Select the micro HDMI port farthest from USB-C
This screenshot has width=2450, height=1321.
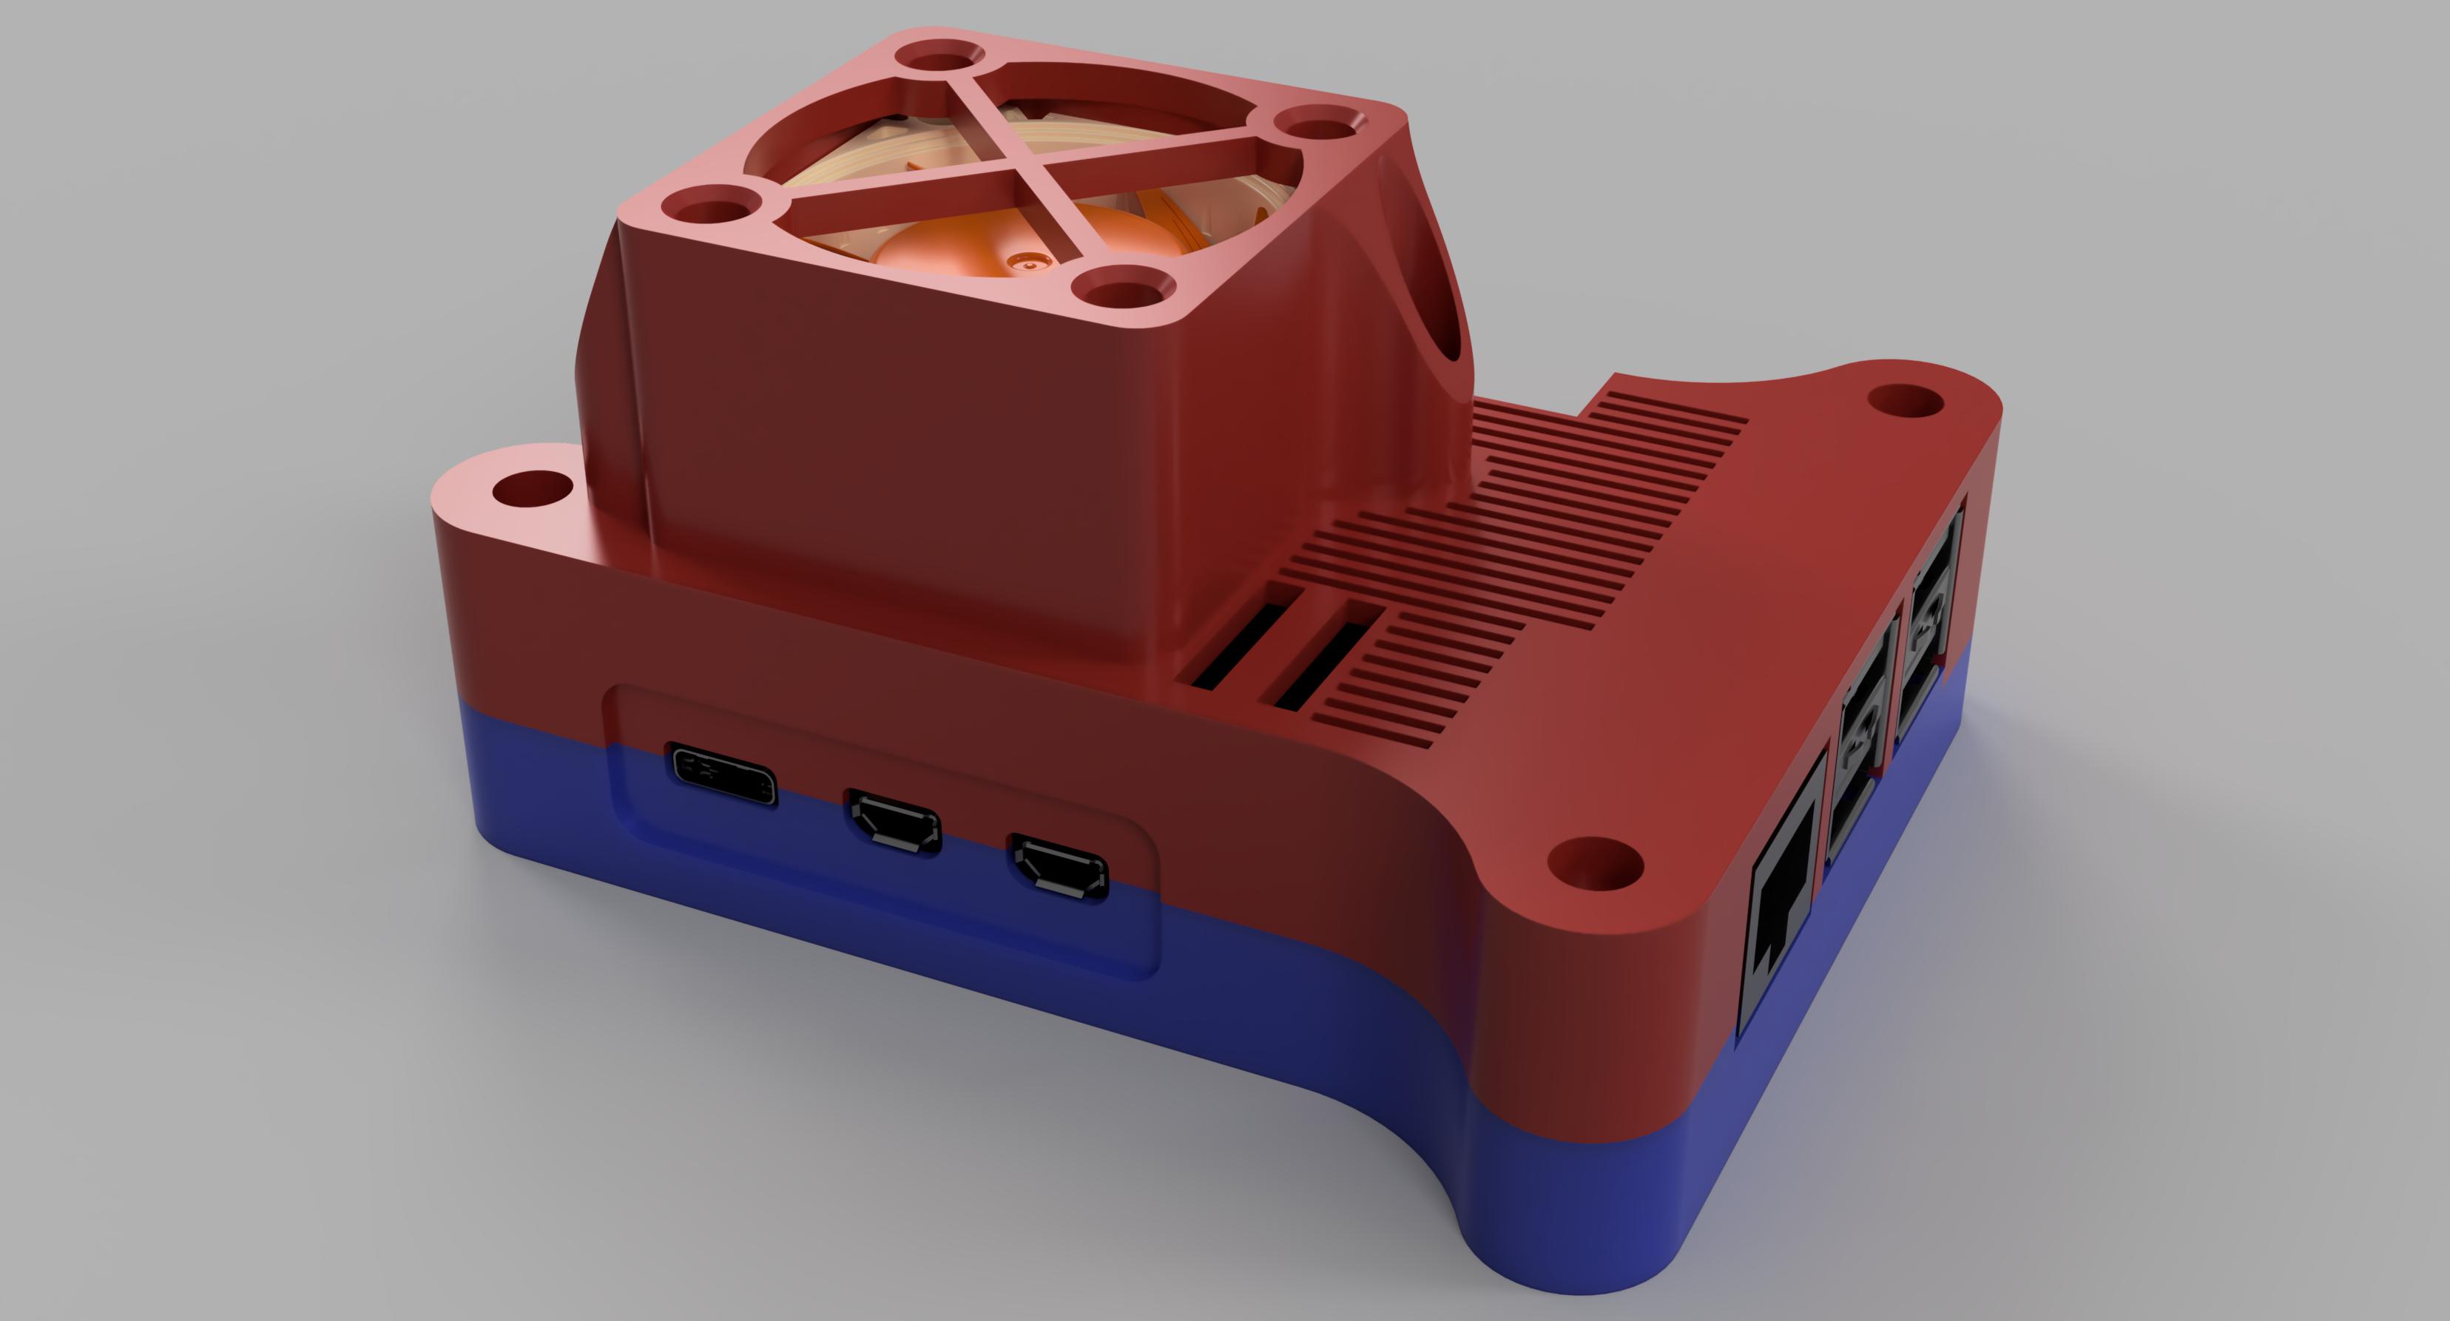pyautogui.click(x=1058, y=866)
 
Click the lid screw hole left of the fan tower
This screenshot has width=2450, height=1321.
pyautogui.click(x=530, y=490)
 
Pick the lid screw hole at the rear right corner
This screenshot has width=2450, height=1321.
pyautogui.click(x=1905, y=399)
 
